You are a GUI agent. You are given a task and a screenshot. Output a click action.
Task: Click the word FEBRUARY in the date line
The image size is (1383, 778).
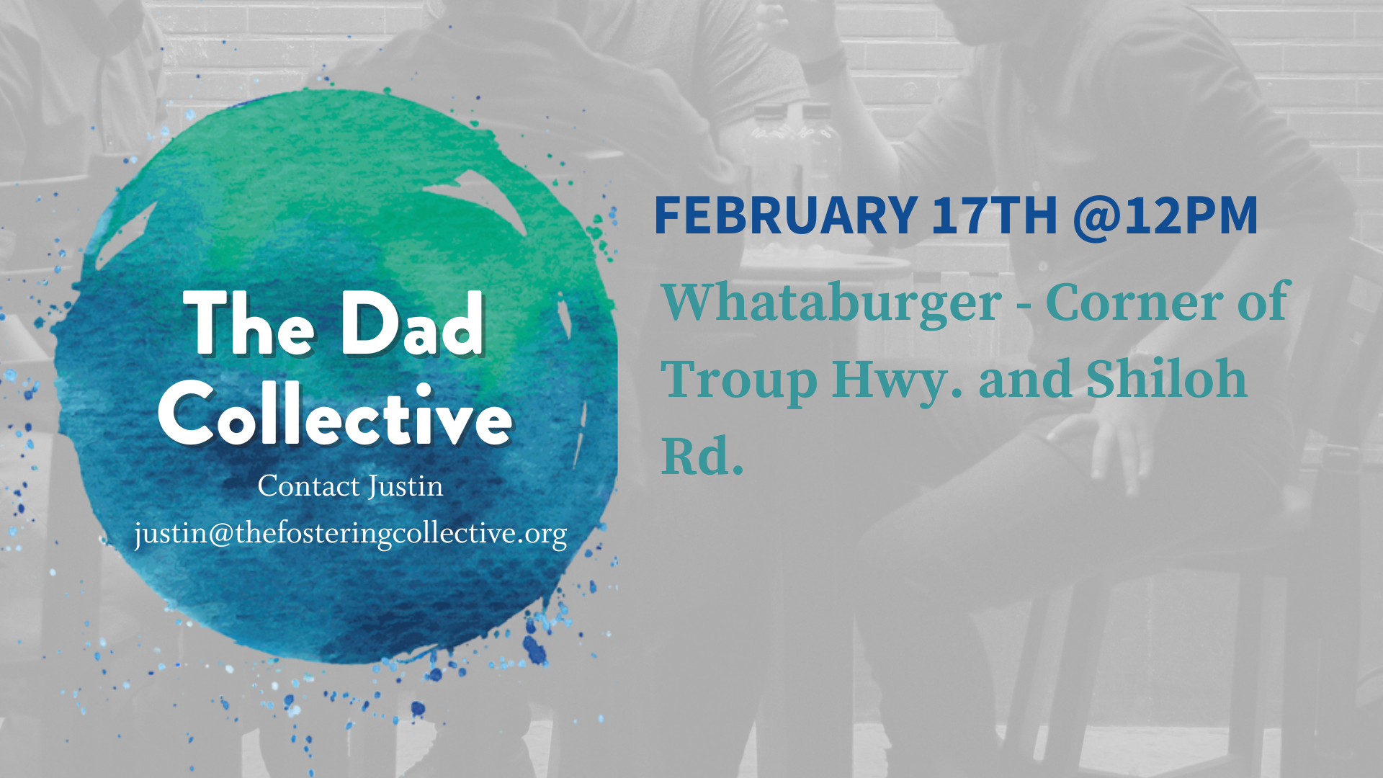point(785,215)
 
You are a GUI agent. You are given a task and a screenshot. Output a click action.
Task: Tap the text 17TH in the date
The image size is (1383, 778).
point(994,215)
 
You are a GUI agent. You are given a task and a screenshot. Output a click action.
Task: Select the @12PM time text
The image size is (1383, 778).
point(1165,215)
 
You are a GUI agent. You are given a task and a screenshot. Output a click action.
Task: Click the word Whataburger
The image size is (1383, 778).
point(832,303)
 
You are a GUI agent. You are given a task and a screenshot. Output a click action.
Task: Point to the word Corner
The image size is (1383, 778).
point(1134,303)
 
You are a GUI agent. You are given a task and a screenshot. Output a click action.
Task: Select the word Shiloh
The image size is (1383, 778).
point(1166,378)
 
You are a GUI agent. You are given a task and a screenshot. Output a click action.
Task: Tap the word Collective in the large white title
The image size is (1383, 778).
point(336,414)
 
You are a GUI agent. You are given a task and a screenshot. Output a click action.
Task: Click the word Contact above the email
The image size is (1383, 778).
point(309,486)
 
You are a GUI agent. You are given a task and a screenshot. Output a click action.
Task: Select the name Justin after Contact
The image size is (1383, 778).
point(406,487)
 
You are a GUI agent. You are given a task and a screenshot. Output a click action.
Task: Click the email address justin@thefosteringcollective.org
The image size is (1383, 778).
point(351,535)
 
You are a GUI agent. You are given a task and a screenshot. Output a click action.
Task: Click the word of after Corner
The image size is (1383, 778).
point(1262,301)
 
